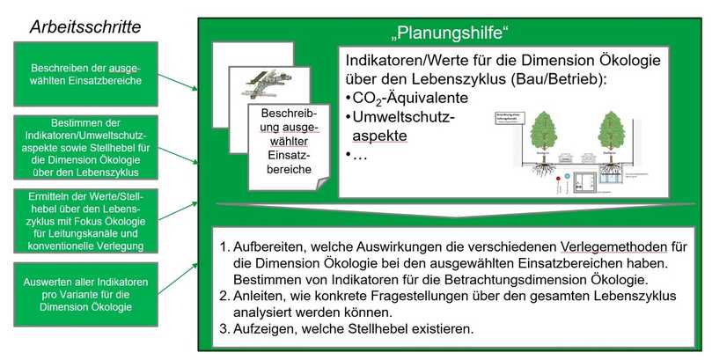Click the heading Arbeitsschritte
[x=84, y=26]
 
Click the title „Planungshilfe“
[x=451, y=36]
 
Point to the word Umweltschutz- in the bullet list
[x=404, y=117]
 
